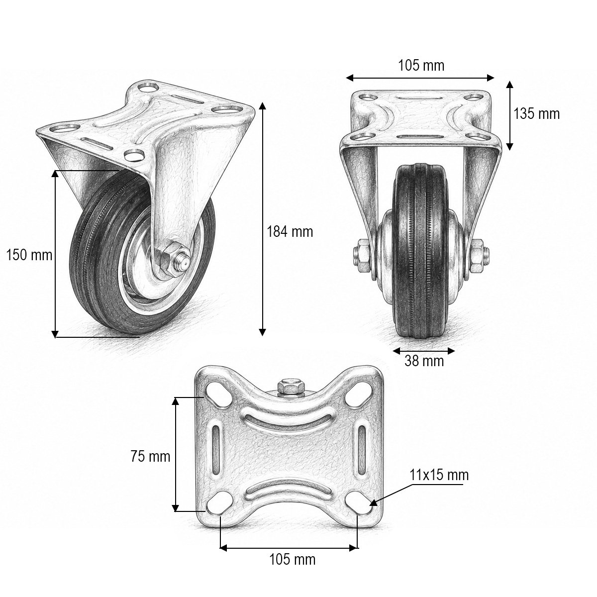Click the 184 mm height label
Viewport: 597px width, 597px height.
click(290, 232)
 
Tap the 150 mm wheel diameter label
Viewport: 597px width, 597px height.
click(29, 255)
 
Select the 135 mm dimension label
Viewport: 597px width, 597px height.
click(537, 114)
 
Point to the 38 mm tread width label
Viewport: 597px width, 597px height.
click(424, 361)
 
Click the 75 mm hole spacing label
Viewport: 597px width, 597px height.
click(150, 457)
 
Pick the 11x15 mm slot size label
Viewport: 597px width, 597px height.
click(439, 475)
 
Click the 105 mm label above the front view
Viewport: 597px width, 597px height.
click(421, 65)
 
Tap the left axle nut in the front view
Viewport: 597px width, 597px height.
click(362, 255)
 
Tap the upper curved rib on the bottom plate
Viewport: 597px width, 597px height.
click(289, 420)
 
